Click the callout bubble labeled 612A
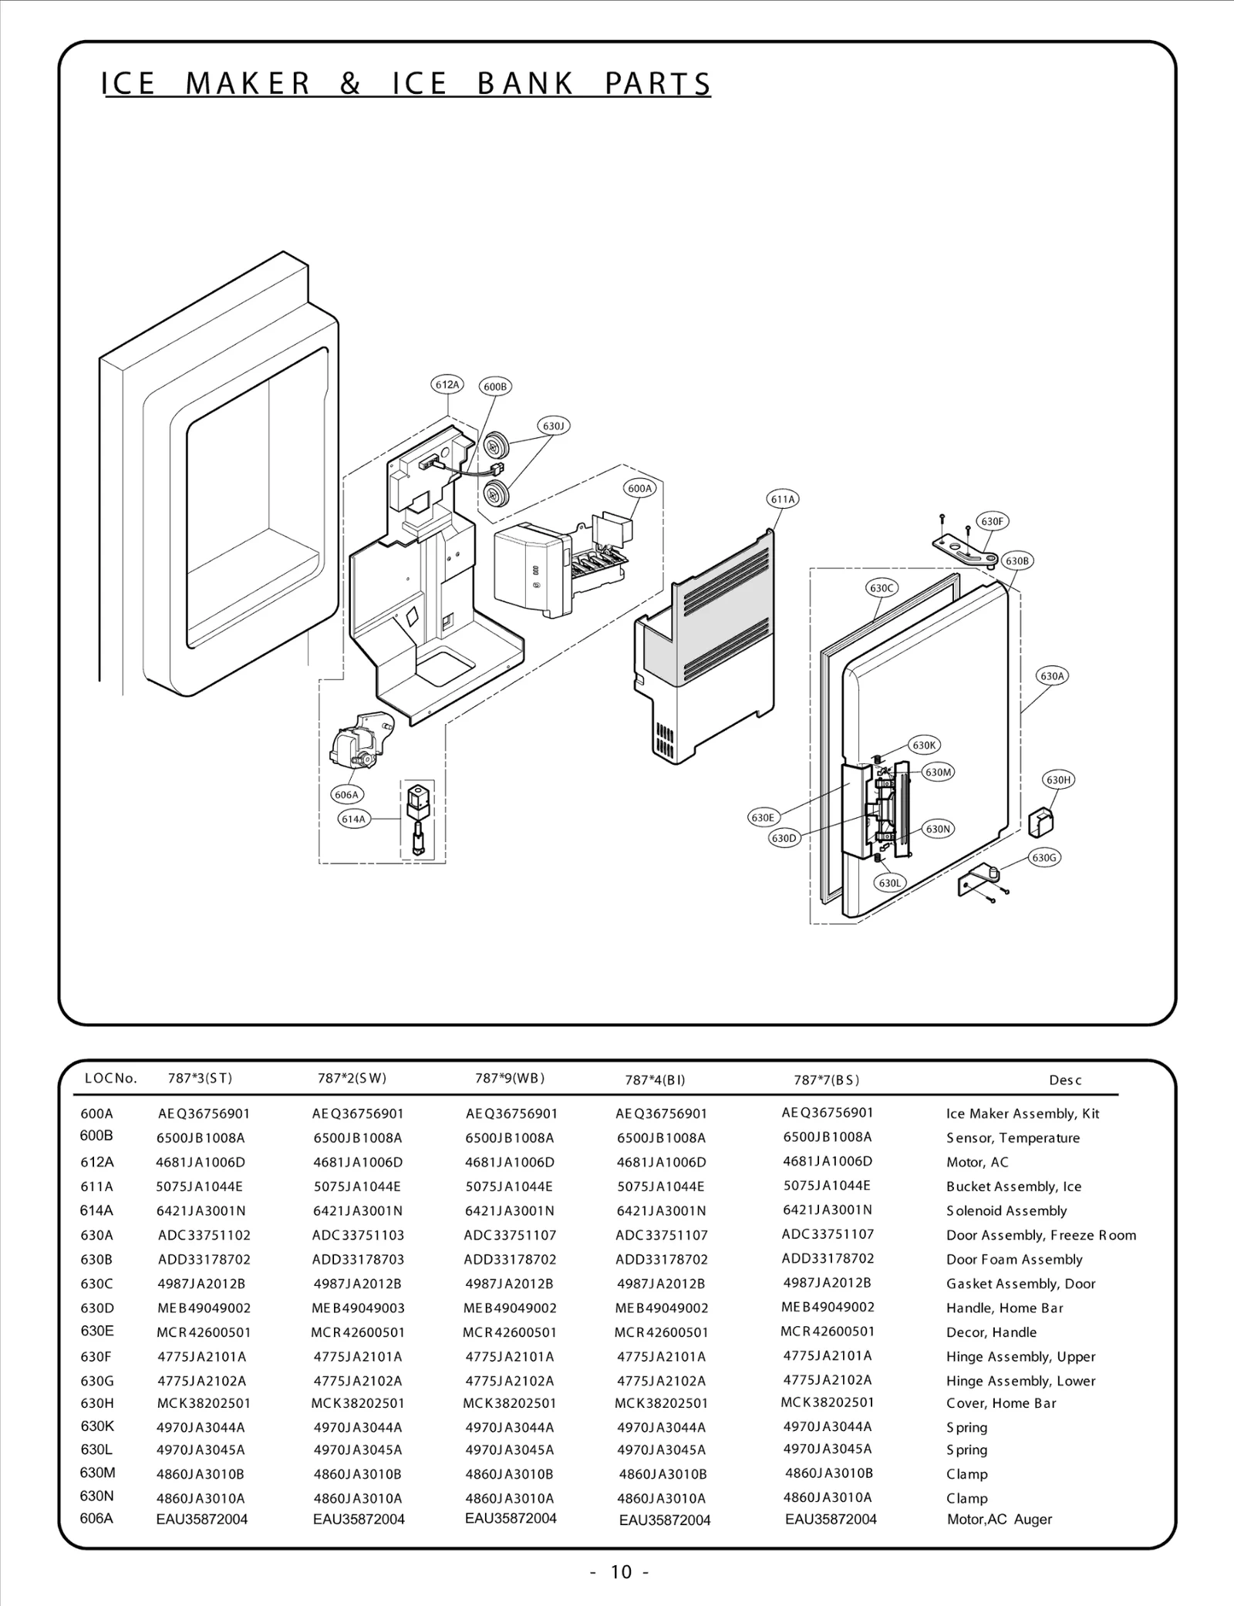447,384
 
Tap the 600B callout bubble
495,386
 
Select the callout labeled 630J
553,426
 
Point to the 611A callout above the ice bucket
783,499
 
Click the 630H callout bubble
1058,779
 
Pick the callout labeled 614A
353,819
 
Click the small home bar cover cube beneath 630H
1042,821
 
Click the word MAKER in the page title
248,83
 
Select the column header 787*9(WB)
510,1078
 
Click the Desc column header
1064,1080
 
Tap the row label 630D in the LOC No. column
97,1308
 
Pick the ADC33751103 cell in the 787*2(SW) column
358,1234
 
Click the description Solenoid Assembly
1006,1210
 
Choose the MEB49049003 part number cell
358,1308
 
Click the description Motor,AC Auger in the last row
999,1519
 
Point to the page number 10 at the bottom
620,1571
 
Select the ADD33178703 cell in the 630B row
358,1259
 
